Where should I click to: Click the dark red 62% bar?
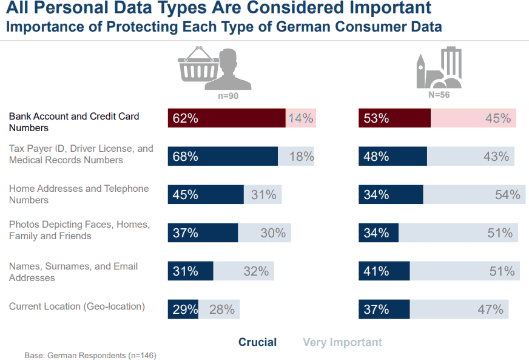(226, 118)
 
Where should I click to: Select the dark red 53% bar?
(394, 118)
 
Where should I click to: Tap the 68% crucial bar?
(223, 156)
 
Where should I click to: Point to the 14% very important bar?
(301, 118)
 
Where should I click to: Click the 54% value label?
(507, 195)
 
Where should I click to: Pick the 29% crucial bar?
(183, 309)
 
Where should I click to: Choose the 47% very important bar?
(459, 309)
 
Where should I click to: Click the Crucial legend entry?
(257, 342)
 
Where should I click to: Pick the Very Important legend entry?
(343, 342)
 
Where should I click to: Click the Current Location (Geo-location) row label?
(77, 307)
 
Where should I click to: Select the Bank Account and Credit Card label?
(74, 122)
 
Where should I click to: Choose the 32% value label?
(256, 271)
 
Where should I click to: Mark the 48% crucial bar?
(393, 156)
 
